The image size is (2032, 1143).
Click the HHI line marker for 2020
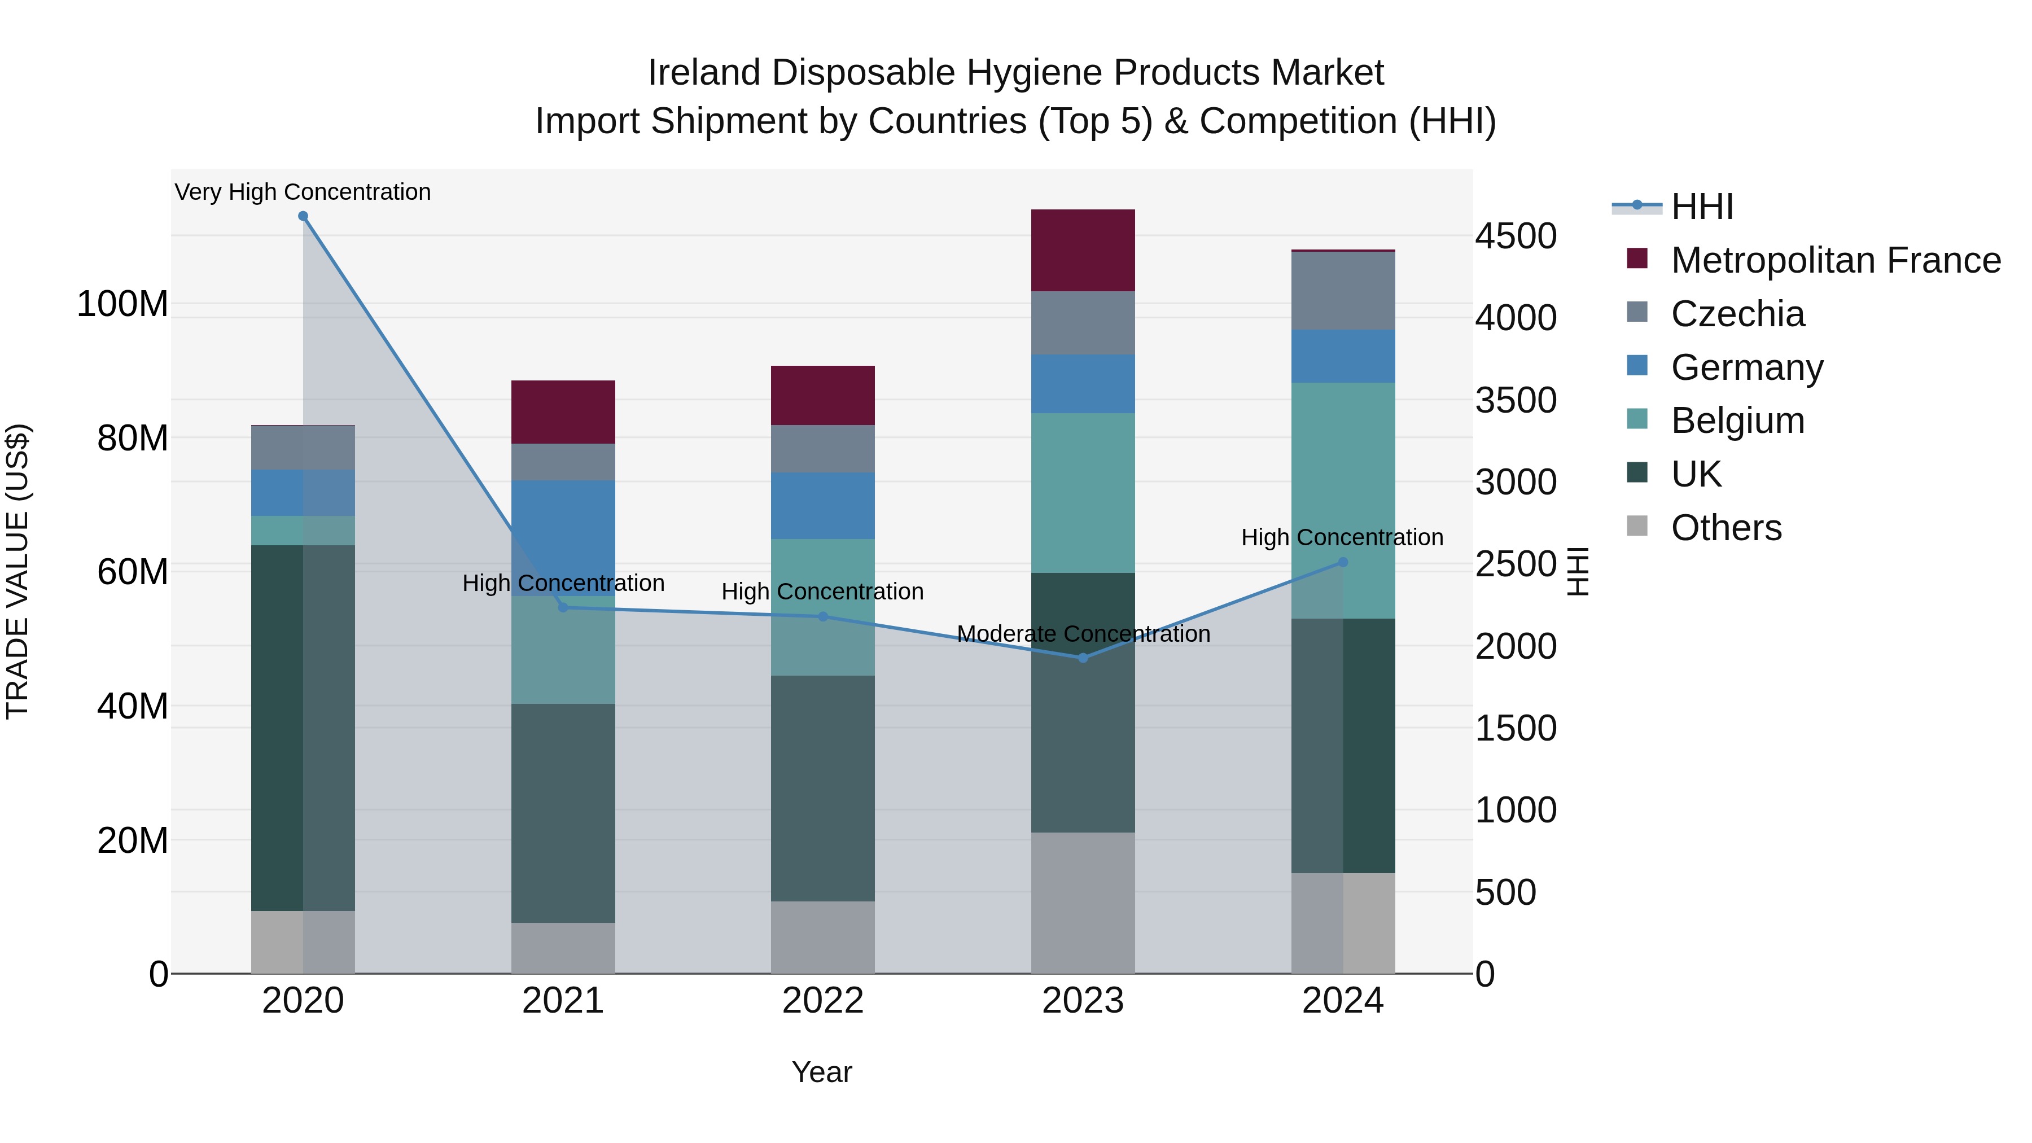tap(303, 216)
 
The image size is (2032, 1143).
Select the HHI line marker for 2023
tap(1083, 658)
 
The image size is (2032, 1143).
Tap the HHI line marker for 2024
tap(1343, 562)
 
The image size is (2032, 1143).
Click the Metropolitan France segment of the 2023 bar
tap(1083, 250)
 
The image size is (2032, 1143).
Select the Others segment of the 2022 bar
tap(823, 937)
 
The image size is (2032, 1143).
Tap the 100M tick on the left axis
tap(122, 304)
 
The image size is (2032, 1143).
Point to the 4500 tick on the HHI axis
tap(1516, 237)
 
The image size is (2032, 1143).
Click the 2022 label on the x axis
tap(823, 1001)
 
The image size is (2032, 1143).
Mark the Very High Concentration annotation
tap(303, 192)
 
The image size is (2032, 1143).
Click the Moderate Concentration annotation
tap(1083, 634)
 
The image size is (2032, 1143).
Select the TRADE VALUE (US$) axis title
tap(18, 571)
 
